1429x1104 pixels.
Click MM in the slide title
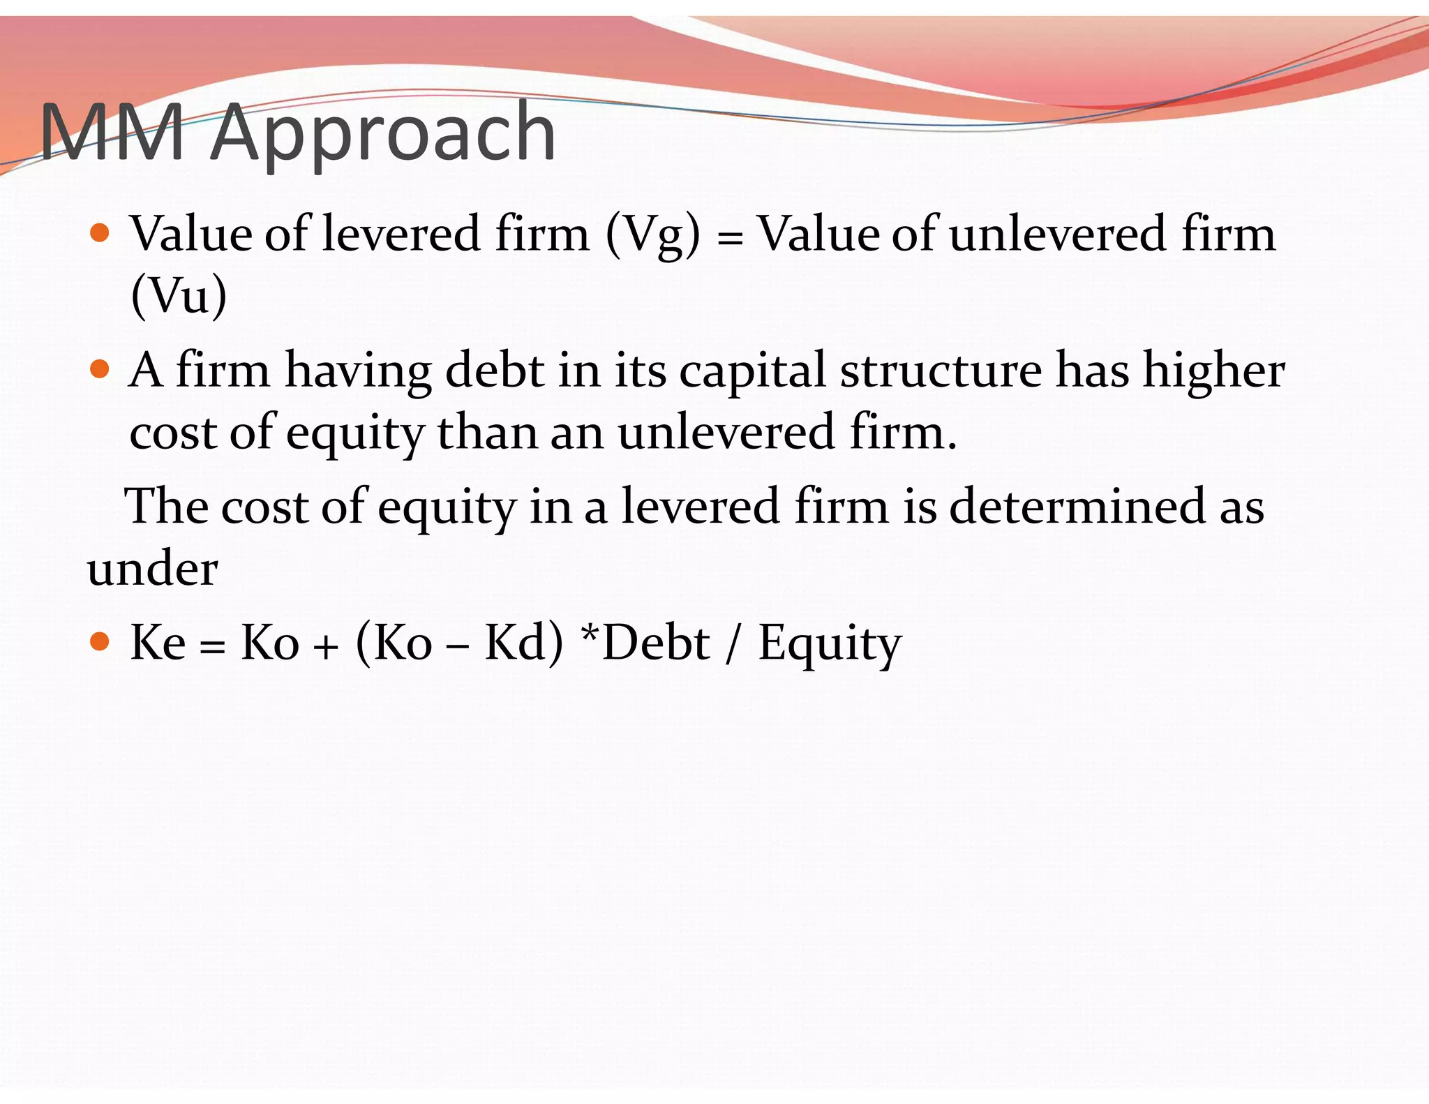(112, 133)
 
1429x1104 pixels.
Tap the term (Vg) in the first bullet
(652, 234)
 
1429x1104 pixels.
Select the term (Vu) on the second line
(179, 296)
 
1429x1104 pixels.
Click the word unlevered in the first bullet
(1057, 233)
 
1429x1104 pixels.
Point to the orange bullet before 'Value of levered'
(100, 232)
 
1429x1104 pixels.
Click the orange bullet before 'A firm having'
(100, 368)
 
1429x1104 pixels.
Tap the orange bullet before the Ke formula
(100, 641)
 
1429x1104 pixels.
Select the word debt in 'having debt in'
(495, 370)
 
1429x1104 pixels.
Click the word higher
(1213, 371)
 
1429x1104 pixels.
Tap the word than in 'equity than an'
(486, 432)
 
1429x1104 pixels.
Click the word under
(152, 568)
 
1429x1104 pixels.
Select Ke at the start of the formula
(158, 642)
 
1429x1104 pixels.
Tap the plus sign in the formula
(325, 647)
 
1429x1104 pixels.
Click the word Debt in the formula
(656, 642)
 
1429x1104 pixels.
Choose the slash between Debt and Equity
(732, 643)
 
